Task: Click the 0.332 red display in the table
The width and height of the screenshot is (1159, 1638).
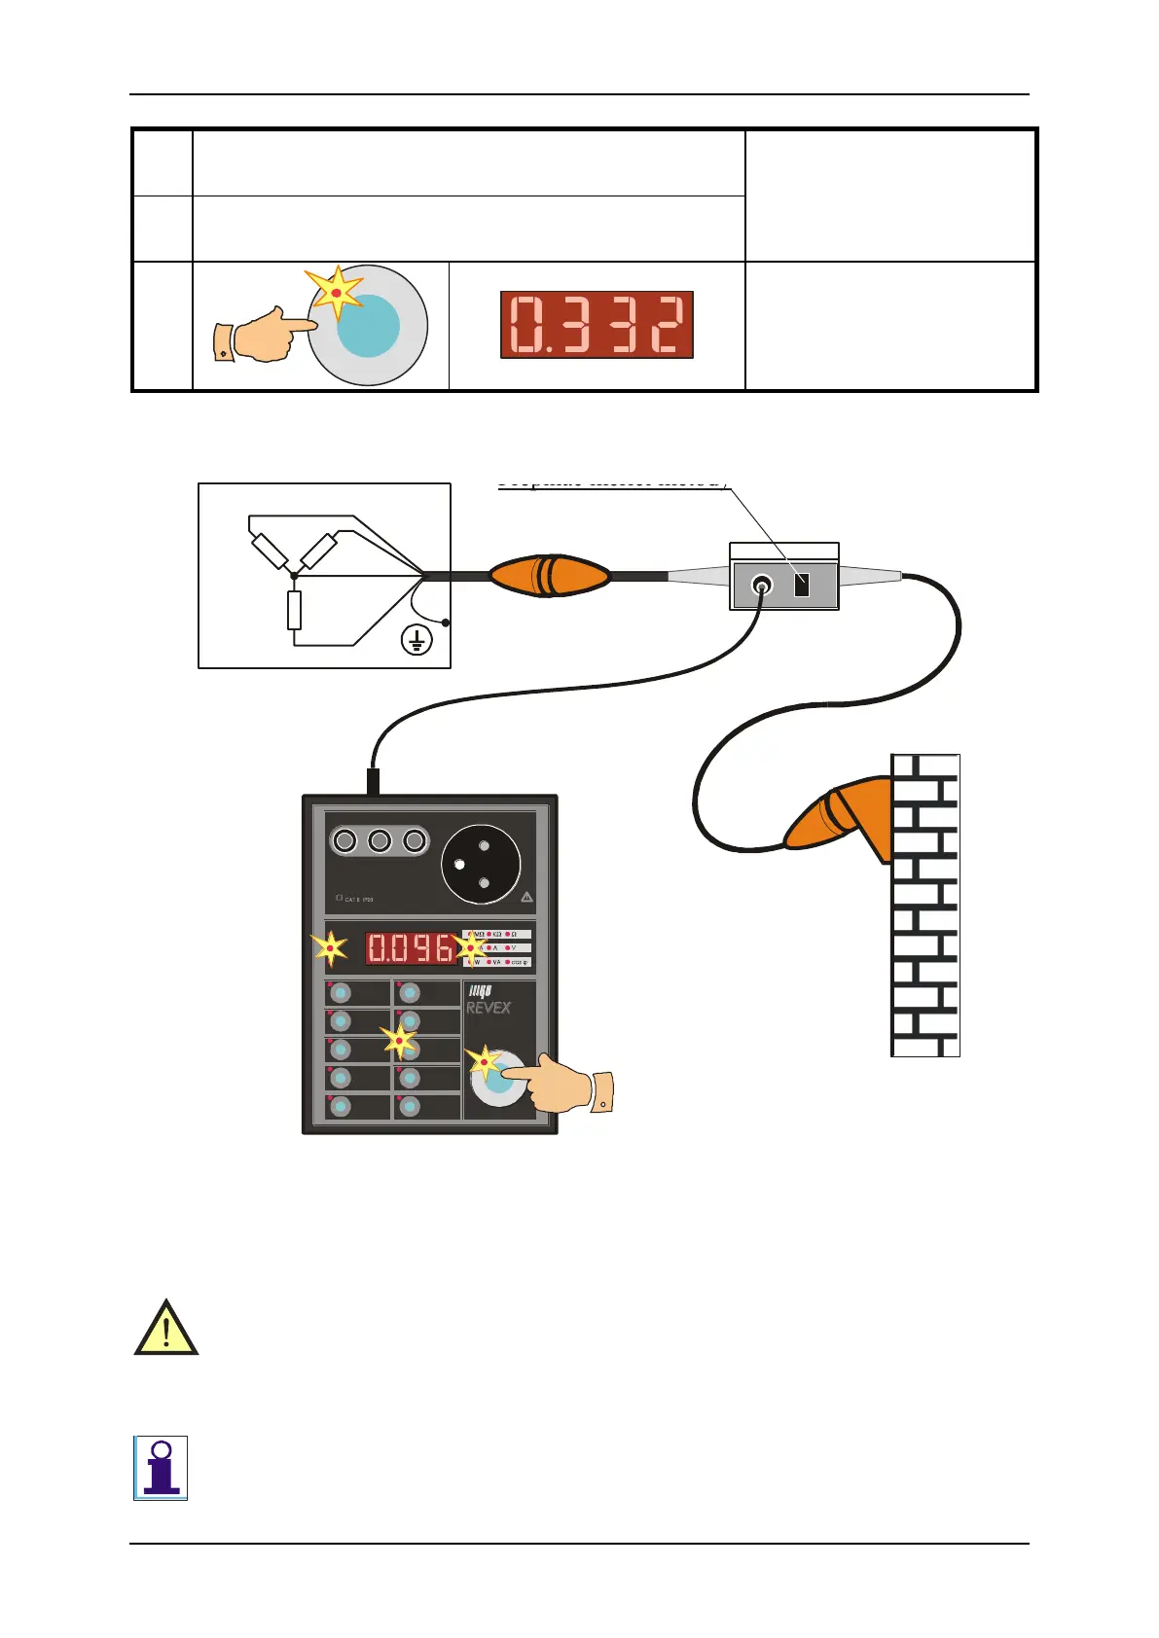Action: (x=597, y=325)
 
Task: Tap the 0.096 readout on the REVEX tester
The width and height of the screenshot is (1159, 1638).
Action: (x=410, y=948)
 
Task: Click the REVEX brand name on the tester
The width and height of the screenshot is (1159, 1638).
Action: (x=488, y=1008)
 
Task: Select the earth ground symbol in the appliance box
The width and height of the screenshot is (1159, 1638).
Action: (x=417, y=640)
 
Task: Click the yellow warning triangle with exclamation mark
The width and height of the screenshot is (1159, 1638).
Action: (x=166, y=1329)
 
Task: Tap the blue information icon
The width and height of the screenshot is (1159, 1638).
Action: (x=161, y=1468)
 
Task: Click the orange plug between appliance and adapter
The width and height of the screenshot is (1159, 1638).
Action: (x=549, y=576)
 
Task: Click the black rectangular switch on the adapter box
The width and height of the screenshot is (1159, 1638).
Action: (x=802, y=585)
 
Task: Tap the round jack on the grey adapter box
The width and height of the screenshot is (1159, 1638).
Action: (x=761, y=585)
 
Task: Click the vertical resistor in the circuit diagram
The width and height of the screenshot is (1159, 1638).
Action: (x=294, y=611)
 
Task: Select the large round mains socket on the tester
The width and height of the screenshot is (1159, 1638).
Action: (x=481, y=864)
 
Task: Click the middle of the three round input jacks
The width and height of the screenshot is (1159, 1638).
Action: (x=380, y=840)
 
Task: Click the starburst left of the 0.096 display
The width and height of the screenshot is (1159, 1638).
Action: (x=330, y=948)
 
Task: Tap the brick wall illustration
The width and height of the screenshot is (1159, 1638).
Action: (x=925, y=905)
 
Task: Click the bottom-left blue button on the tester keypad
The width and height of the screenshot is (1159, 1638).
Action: (x=341, y=1106)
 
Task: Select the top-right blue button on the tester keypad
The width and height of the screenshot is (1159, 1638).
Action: (x=410, y=993)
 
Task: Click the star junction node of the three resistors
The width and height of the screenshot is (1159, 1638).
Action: (x=294, y=575)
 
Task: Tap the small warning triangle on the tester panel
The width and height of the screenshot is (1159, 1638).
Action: (x=526, y=898)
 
